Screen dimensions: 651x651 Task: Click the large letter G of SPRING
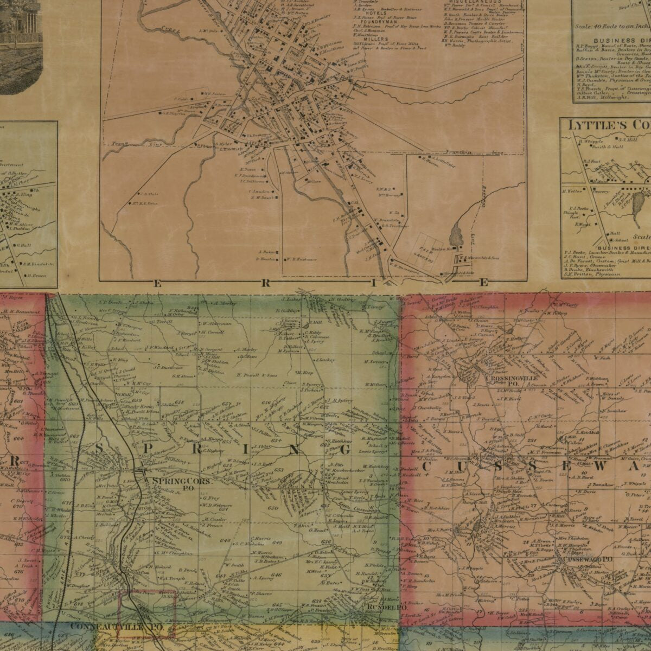point(344,450)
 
